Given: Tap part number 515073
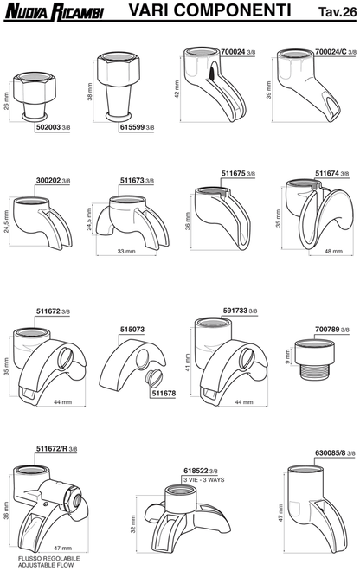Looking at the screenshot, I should point(134,329).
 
